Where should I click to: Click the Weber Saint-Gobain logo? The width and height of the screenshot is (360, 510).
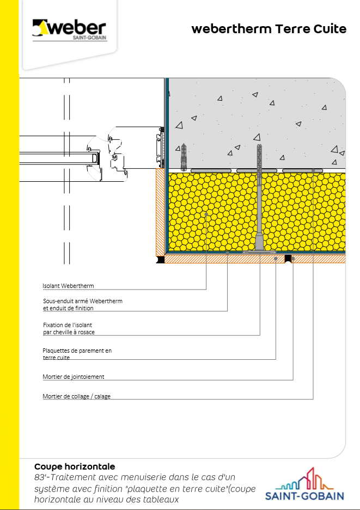point(70,30)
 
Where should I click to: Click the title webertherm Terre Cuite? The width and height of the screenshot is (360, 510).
point(269,29)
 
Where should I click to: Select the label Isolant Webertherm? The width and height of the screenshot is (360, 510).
point(69,286)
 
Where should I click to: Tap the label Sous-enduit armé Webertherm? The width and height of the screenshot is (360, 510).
point(83,301)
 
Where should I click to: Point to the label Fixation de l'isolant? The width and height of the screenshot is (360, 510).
point(68,325)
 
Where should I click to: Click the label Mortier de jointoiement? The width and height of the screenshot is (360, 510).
point(73,377)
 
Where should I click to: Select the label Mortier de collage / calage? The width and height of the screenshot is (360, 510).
point(76,396)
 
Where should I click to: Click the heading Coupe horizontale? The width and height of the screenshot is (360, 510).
point(75,467)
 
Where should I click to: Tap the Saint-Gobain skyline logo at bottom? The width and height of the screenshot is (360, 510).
point(304,484)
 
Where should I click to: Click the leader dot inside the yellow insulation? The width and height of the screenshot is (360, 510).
point(206,214)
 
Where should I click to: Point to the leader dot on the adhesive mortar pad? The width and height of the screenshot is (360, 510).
point(313,170)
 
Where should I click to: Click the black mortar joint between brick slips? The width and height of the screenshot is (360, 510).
point(288,259)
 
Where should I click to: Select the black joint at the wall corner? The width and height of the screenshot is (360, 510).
point(161,260)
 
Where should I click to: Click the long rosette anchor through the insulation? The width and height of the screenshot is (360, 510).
point(259,199)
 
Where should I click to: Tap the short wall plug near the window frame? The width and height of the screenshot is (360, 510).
point(184,157)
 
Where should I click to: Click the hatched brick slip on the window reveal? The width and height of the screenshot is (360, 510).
point(160,212)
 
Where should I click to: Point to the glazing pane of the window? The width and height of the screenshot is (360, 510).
point(57,158)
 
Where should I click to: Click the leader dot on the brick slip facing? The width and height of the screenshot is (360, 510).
point(276,259)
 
